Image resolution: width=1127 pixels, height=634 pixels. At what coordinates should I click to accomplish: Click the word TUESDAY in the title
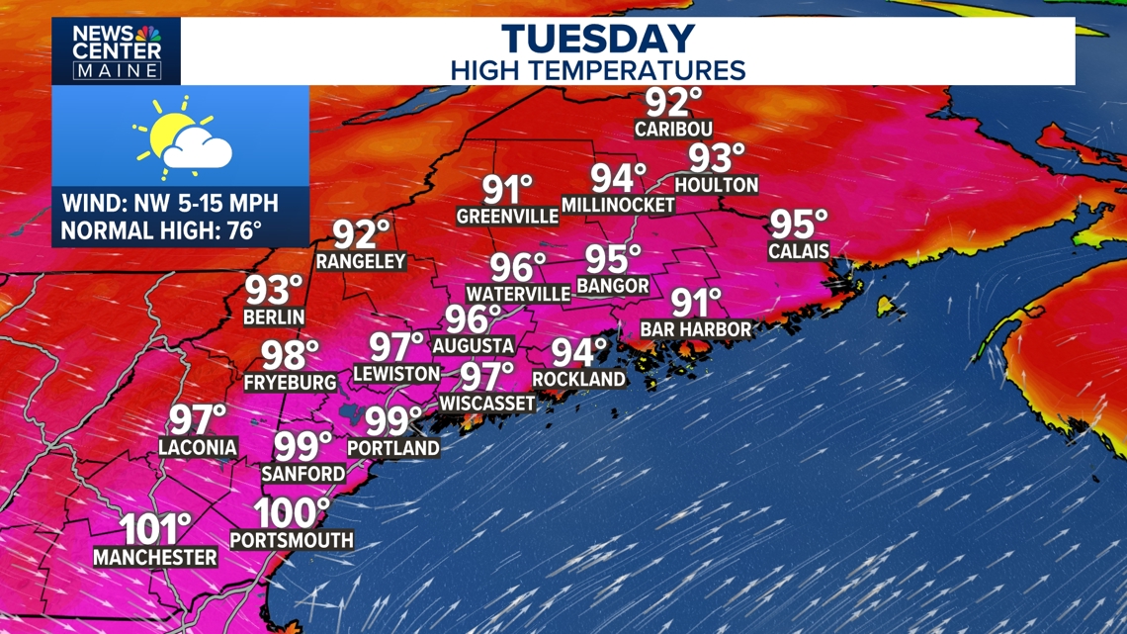click(x=598, y=40)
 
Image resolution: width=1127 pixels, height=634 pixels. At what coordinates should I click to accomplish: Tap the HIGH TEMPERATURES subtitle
click(x=598, y=70)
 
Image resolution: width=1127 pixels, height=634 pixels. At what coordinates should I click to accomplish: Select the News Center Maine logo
click(x=117, y=51)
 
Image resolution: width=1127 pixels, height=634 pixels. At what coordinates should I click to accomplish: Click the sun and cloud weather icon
click(x=184, y=135)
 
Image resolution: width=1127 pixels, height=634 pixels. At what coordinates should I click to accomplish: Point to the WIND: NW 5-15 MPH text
click(x=170, y=205)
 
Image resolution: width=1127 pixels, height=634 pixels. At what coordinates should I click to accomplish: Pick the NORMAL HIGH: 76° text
click(x=161, y=231)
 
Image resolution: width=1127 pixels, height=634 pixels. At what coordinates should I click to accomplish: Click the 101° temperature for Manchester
click(x=155, y=529)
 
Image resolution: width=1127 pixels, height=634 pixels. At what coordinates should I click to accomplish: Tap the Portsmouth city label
click(x=292, y=540)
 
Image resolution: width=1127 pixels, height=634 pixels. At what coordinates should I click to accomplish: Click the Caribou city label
click(x=673, y=130)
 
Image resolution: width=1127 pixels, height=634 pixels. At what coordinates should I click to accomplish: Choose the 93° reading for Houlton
click(x=717, y=158)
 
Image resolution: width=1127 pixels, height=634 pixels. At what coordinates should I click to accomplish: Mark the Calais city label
click(x=799, y=251)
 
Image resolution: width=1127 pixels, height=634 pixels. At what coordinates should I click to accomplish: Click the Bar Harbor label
click(x=696, y=328)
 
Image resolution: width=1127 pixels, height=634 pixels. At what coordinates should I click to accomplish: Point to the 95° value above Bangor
click(x=613, y=259)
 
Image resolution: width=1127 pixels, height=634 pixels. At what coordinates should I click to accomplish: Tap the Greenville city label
click(x=508, y=216)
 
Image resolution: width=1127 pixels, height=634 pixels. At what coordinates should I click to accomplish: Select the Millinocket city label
click(x=618, y=205)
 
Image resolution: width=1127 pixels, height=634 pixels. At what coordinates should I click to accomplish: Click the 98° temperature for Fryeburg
click(x=290, y=354)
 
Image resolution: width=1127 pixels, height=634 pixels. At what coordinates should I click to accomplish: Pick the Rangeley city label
click(x=361, y=261)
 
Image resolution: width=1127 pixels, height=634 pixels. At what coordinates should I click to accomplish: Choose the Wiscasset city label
click(x=487, y=403)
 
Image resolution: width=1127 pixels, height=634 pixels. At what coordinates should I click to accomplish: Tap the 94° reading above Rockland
click(x=579, y=352)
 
